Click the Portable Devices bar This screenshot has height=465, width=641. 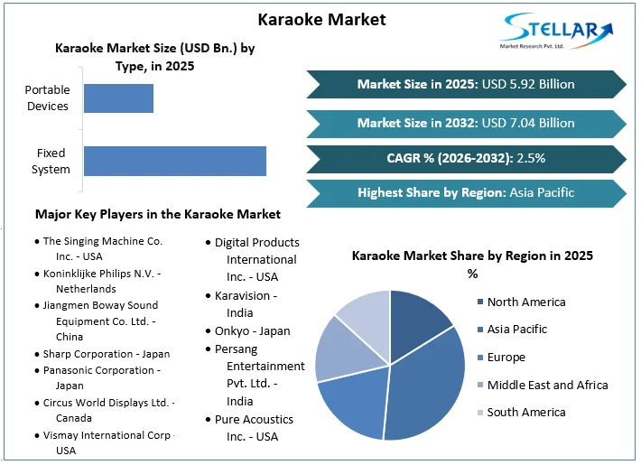[x=118, y=98]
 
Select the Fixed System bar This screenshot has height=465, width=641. [x=175, y=161]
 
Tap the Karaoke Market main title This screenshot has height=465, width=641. [x=321, y=19]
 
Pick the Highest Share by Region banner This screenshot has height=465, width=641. [x=466, y=192]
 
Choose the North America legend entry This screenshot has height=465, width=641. [x=525, y=302]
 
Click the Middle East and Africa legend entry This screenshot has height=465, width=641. [x=547, y=385]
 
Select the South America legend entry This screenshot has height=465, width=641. [x=525, y=413]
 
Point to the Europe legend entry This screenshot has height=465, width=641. [x=506, y=358]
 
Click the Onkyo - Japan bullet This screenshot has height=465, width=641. [x=252, y=330]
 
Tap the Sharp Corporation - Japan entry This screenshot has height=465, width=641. [x=106, y=354]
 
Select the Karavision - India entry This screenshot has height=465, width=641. [x=246, y=304]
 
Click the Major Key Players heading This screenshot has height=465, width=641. [x=158, y=214]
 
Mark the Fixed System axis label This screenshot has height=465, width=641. [x=51, y=161]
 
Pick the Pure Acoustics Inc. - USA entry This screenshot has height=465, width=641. [x=254, y=428]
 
